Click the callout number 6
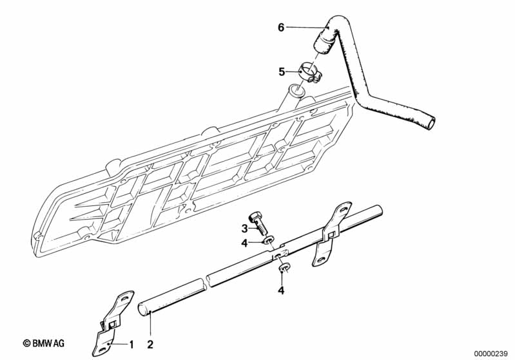tap(281, 28)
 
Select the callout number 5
tap(282, 71)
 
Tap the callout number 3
tap(245, 228)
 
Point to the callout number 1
tap(131, 345)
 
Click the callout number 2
tap(150, 345)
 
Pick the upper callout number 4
tap(244, 243)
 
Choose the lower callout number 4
tap(281, 290)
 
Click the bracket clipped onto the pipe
tap(330, 232)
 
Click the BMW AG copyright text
tap(43, 343)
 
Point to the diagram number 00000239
tap(491, 354)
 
